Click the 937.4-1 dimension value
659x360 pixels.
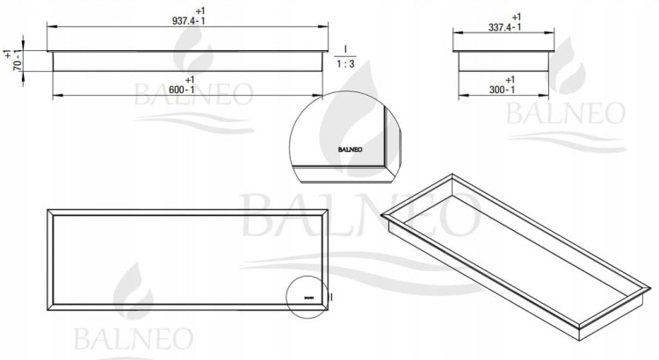[188, 20]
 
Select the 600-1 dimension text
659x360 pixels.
[182, 90]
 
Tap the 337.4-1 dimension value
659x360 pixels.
[504, 27]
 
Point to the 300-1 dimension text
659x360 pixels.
[503, 90]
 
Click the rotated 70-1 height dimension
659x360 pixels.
[18, 60]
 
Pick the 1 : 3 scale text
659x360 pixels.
[345, 64]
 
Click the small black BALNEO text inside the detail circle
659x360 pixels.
[350, 149]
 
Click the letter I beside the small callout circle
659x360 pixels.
[331, 297]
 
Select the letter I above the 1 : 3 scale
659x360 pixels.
[345, 49]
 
